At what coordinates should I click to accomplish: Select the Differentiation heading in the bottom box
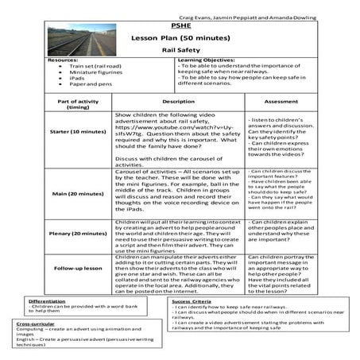[x=47, y=302]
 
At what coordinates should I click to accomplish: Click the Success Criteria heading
[x=191, y=302]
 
